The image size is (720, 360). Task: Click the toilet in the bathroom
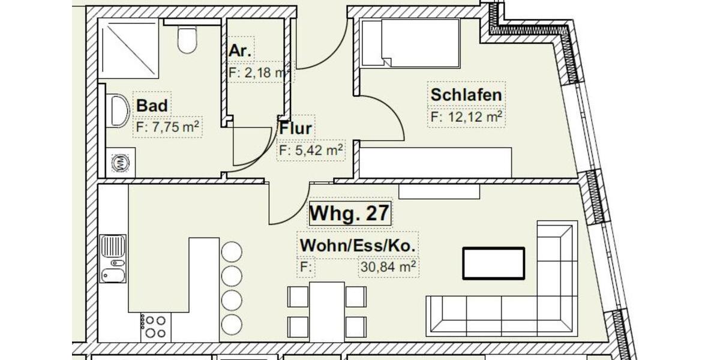[187, 40]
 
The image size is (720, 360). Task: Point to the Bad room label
[152, 106]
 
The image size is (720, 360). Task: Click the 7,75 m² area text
[167, 127]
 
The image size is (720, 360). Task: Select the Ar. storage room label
[241, 52]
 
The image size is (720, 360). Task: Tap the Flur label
[295, 128]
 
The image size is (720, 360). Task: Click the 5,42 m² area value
[311, 150]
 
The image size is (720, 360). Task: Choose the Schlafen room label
[466, 95]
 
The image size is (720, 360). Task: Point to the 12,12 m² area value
[466, 116]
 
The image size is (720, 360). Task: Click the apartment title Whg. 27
[350, 214]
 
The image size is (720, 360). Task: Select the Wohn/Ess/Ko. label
[358, 246]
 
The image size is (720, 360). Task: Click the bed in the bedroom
[414, 42]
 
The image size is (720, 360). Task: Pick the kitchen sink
[113, 259]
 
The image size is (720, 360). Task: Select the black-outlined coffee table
[493, 263]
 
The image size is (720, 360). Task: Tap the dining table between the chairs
[327, 311]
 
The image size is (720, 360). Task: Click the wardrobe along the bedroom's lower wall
[436, 163]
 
